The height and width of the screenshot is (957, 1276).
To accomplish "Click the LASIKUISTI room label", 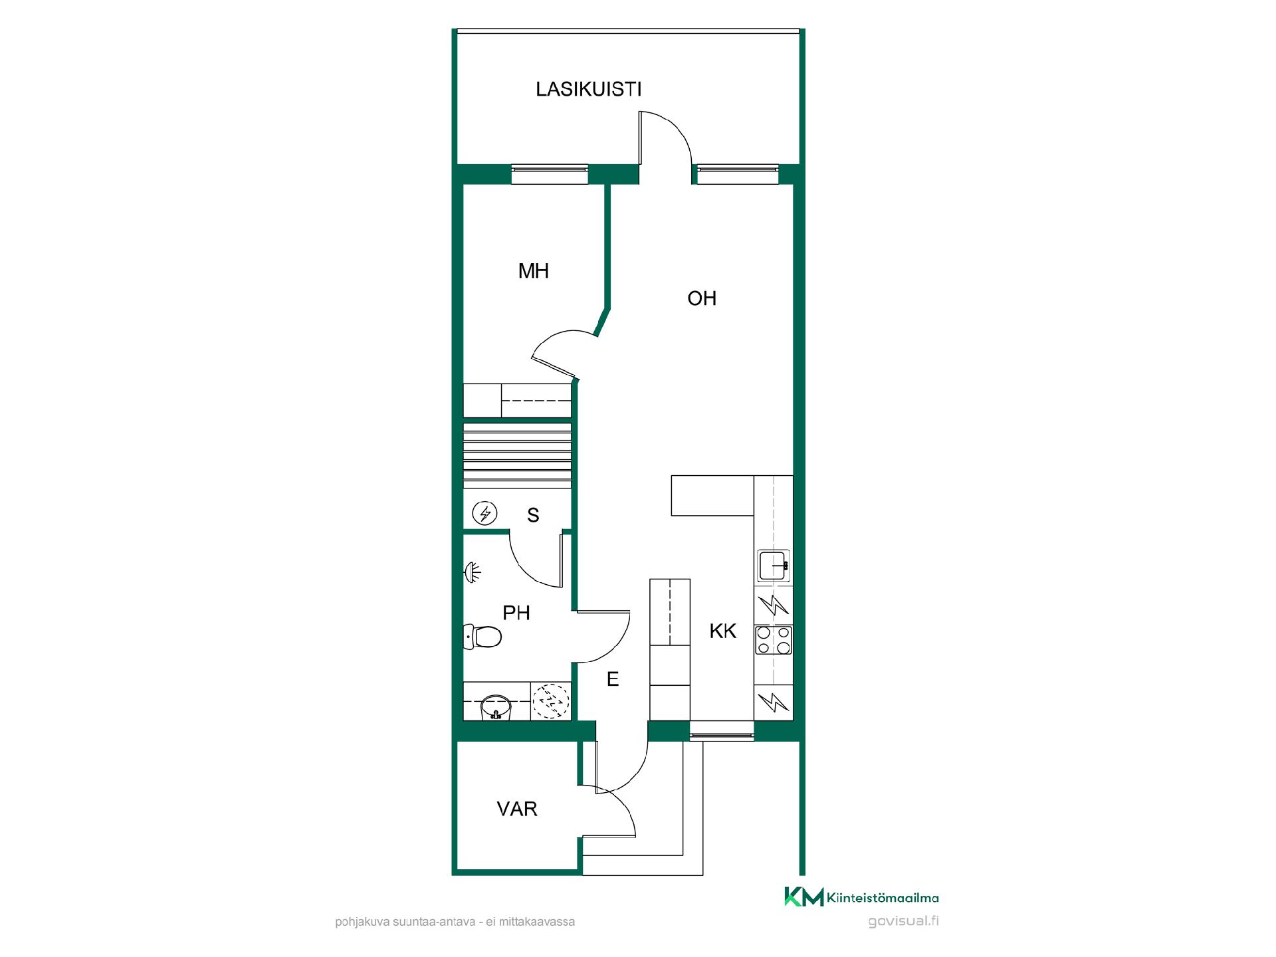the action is pos(588,89).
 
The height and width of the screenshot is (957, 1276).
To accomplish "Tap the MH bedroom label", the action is pos(534,271).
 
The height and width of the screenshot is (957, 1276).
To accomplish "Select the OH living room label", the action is pos(702,298).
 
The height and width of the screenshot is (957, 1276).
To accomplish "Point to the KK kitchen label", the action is pos(723,631).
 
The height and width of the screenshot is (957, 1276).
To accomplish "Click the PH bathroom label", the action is pos(516,613).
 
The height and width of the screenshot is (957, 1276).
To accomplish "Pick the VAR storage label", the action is pos(517,809).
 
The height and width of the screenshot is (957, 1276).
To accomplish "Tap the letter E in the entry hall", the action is pos(613,679).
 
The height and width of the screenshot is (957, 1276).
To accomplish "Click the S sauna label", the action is pos(533,516).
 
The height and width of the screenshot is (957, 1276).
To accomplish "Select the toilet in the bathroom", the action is pos(482,637).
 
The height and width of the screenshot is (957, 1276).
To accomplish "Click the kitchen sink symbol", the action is pos(774,566).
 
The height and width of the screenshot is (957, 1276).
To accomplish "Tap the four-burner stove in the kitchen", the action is pos(774,640).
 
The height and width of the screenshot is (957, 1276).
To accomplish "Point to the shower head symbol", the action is pos(473,573).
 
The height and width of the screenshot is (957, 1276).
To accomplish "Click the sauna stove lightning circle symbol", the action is pos(484,513).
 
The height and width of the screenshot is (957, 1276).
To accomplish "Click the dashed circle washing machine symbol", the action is pos(551,701).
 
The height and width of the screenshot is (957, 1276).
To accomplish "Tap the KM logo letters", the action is pos(804,897).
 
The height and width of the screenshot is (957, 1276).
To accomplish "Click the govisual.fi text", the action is pos(904,921).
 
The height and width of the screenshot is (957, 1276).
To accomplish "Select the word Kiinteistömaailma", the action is pos(883,899).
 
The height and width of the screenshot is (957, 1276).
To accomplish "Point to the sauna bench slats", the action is pos(517,455).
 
